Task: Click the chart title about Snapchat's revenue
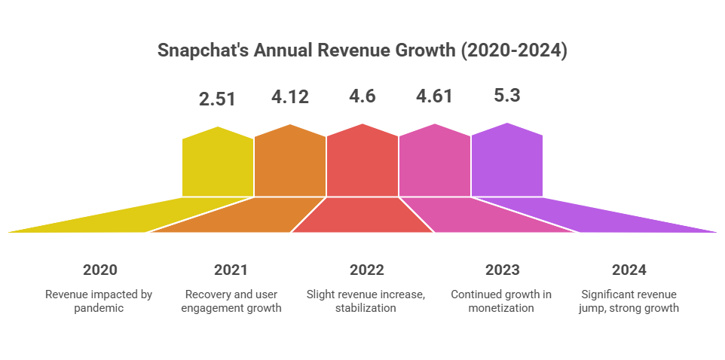click(x=362, y=50)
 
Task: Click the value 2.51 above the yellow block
click(x=218, y=99)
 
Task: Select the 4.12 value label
click(x=290, y=97)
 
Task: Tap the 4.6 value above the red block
click(x=362, y=97)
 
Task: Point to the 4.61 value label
click(x=435, y=97)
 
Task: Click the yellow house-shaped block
click(x=217, y=162)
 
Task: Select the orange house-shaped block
click(x=290, y=162)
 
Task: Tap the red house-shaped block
click(x=362, y=162)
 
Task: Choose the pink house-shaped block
click(x=435, y=162)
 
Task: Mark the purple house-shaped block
click(x=507, y=162)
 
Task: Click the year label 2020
click(x=99, y=270)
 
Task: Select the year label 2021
click(x=231, y=270)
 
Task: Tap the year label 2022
click(x=366, y=270)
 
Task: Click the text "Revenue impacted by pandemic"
click(x=99, y=301)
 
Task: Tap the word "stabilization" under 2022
click(x=366, y=309)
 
